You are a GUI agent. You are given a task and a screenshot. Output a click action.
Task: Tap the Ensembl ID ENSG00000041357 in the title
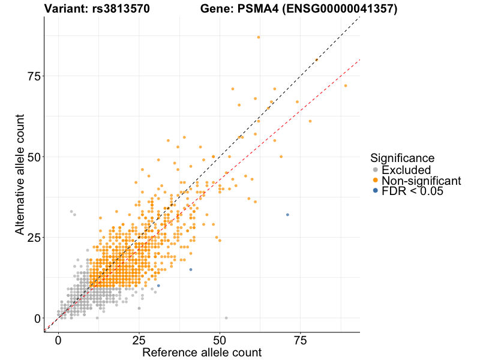(x=340, y=9)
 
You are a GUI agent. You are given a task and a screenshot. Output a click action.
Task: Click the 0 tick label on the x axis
(x=58, y=340)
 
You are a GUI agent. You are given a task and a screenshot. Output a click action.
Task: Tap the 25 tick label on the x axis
(x=139, y=340)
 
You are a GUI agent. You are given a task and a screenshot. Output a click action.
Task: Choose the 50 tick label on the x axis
(x=220, y=340)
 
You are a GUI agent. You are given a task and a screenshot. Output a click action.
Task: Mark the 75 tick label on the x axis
(x=301, y=340)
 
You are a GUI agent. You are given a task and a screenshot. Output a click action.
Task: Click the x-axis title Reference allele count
(x=202, y=352)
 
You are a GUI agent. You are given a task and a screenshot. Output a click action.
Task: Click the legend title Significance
(x=402, y=158)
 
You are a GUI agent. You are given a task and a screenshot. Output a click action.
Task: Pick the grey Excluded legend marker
(x=376, y=170)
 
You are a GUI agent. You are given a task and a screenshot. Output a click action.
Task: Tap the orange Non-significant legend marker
(x=376, y=181)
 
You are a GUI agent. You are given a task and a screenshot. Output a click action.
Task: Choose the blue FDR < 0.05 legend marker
(x=376, y=191)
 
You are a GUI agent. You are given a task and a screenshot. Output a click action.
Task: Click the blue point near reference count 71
(x=287, y=215)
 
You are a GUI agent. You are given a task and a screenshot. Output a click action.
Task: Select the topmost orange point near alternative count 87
(x=259, y=37)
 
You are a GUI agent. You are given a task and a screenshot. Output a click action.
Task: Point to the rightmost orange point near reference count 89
(x=346, y=86)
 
